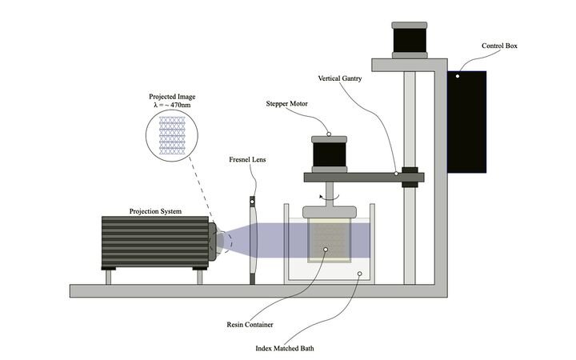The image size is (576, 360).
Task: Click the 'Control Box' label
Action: [501, 46]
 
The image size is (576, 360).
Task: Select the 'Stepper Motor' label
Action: [287, 104]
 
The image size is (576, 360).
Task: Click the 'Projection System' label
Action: [155, 211]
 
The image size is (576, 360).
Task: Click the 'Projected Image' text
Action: [171, 97]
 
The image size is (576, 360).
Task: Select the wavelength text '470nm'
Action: [182, 106]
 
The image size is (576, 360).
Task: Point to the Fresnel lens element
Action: [253, 240]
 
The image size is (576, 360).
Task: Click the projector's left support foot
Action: [108, 276]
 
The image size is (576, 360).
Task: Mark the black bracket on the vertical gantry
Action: [410, 177]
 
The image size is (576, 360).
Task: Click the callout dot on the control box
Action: [457, 77]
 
